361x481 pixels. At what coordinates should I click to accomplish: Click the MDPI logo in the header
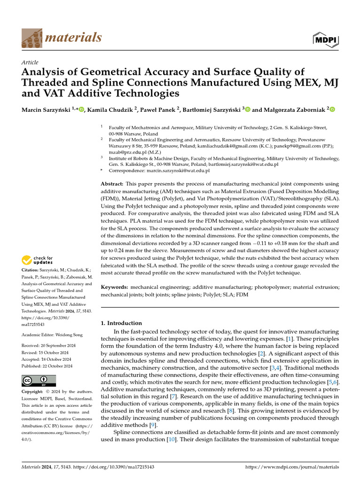[325, 39]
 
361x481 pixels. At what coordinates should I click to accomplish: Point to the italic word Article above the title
[30, 62]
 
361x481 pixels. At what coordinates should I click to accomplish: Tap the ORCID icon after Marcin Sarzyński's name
[81, 110]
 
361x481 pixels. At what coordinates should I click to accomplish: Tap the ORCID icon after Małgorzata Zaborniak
[332, 110]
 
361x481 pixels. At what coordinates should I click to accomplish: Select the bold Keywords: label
[115, 287]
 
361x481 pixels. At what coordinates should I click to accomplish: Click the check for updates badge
[38, 260]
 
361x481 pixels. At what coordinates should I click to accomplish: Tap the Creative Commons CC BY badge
[39, 380]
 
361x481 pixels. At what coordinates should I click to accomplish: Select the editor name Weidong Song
[62, 334]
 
